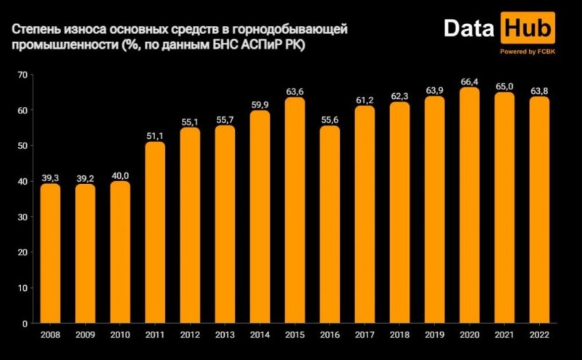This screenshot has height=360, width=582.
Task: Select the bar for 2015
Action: point(295,210)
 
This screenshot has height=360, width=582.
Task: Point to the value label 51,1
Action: point(155,136)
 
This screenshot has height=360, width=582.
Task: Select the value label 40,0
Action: point(120,175)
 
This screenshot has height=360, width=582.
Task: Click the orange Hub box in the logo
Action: point(528,31)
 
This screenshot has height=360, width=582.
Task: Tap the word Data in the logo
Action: point(469,31)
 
